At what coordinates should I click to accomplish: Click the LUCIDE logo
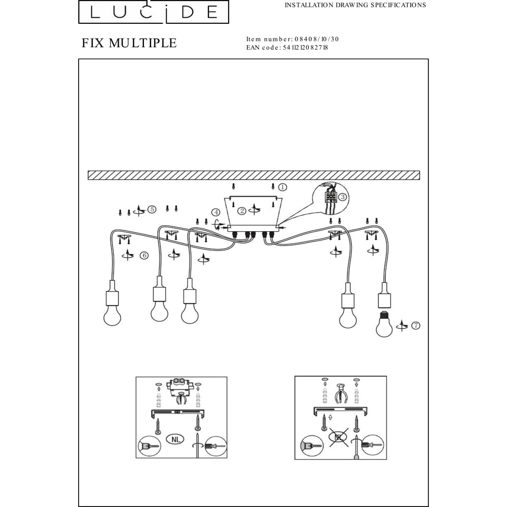click(154, 12)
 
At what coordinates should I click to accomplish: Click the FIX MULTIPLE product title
click(129, 43)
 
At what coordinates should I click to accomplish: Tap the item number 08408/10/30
click(316, 39)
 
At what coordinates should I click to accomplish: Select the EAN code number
click(305, 48)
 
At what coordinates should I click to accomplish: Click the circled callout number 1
click(282, 187)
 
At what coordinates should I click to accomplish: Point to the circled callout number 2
click(242, 211)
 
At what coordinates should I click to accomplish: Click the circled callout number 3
click(343, 197)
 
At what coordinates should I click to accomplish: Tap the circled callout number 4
click(216, 212)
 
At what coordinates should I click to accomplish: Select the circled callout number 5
click(152, 209)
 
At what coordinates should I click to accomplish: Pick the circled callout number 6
click(144, 256)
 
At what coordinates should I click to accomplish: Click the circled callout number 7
click(416, 325)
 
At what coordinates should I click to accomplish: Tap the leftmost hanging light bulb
click(112, 315)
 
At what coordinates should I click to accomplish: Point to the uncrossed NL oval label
click(175, 440)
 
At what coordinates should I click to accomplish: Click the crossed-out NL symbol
click(339, 437)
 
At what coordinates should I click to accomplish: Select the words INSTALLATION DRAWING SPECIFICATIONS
click(355, 5)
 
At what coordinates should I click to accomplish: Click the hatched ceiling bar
click(254, 175)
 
